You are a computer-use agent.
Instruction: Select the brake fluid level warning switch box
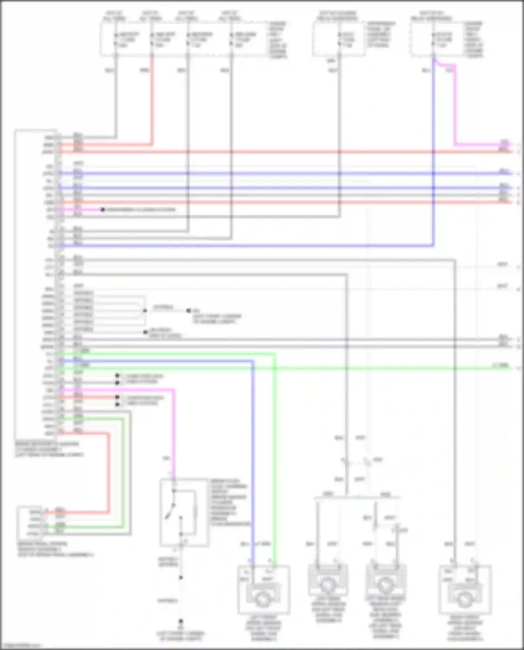(x=184, y=512)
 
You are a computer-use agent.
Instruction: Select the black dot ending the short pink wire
(x=102, y=210)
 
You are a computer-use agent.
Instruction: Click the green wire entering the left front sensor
(x=275, y=454)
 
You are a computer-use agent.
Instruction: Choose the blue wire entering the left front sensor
(x=253, y=454)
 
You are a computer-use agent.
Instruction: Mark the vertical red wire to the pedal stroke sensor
(x=108, y=472)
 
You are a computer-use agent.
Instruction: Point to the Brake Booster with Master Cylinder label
(x=49, y=449)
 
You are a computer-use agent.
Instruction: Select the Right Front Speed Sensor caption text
(x=465, y=629)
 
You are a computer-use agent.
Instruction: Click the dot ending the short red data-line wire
(x=117, y=397)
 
